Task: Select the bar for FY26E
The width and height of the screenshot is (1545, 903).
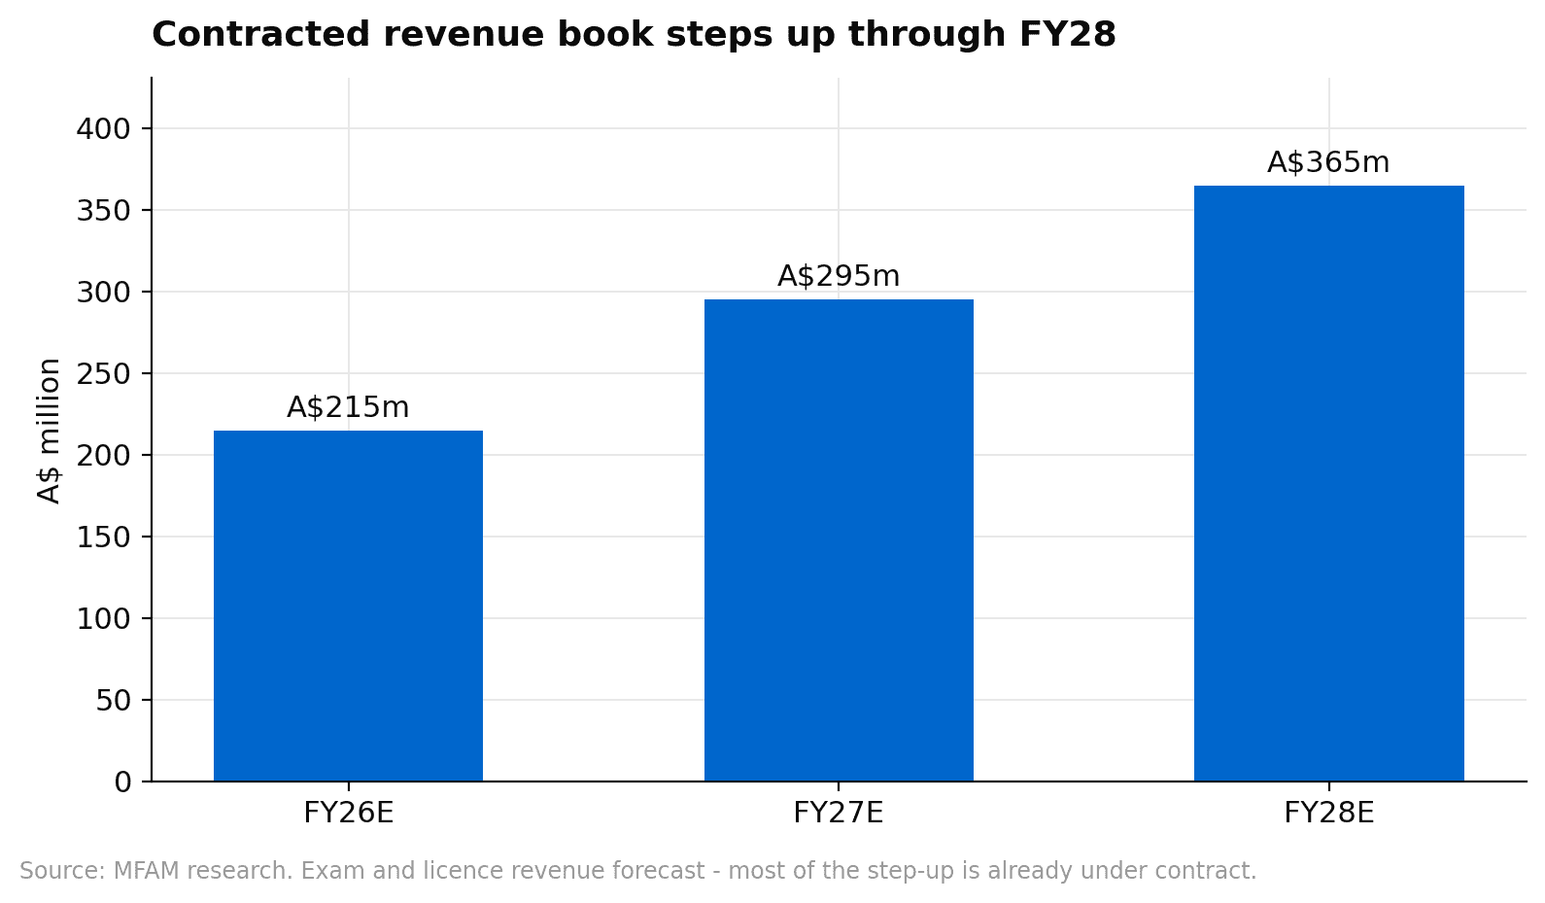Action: point(348,606)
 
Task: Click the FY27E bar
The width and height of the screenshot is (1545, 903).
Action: point(839,540)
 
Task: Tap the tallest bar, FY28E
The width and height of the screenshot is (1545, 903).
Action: point(1328,483)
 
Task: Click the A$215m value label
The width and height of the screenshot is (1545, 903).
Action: point(348,407)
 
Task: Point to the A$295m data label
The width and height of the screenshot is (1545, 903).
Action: point(839,276)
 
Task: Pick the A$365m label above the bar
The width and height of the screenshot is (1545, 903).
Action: point(1328,162)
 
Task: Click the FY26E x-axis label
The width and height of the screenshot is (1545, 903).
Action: point(348,813)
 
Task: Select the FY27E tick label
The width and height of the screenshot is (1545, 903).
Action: point(839,813)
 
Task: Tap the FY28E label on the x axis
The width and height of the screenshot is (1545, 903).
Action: point(1328,813)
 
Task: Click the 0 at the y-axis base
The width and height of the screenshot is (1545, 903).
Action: point(122,781)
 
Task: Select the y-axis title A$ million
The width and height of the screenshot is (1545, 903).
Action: point(49,431)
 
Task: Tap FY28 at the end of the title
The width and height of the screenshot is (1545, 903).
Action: point(1067,35)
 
